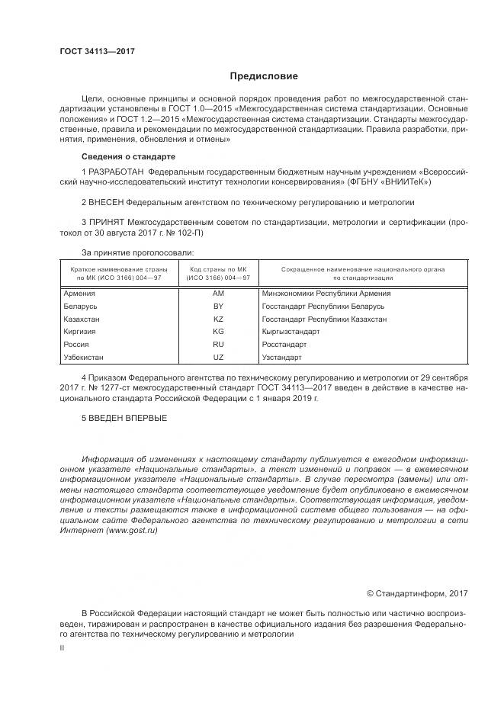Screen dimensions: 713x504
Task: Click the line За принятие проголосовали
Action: click(x=137, y=252)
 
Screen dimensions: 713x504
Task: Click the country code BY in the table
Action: click(x=218, y=306)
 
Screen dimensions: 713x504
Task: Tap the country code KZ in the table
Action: click(x=218, y=319)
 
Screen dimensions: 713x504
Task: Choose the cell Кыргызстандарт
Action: click(x=291, y=332)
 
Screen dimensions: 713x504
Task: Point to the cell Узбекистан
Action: click(x=84, y=357)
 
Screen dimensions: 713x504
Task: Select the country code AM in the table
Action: click(x=218, y=293)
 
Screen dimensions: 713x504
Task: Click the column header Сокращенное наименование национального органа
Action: click(x=363, y=270)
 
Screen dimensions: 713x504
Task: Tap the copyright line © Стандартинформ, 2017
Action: click(x=417, y=593)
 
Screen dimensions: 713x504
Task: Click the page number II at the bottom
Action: click(x=63, y=648)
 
